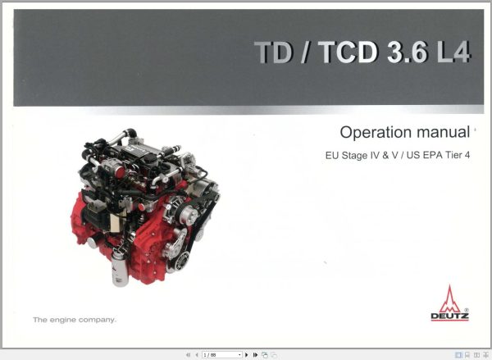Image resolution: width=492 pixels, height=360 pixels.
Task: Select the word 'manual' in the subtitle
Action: click(441, 133)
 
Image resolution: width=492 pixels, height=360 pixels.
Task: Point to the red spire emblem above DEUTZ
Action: click(449, 298)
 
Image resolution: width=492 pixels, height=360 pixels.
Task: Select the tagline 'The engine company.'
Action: click(74, 318)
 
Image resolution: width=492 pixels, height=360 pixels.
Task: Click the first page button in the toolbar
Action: click(188, 354)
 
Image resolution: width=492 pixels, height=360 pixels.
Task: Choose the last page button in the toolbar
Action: click(255, 354)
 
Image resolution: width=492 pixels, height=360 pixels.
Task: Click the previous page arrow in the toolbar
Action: click(197, 354)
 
